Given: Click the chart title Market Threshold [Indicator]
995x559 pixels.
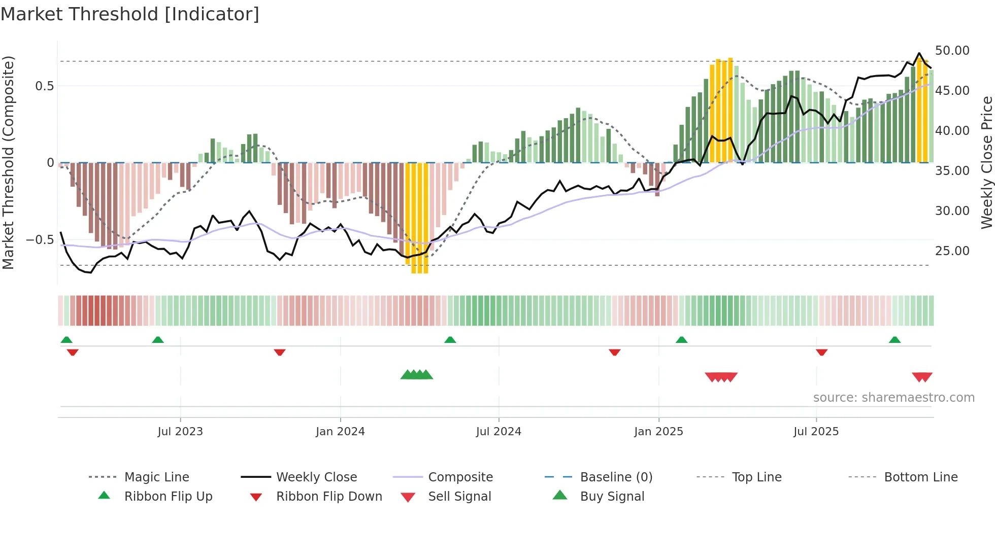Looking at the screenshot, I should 130,14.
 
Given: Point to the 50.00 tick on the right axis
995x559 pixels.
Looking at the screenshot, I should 952,51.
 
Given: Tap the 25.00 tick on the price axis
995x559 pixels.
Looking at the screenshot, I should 952,251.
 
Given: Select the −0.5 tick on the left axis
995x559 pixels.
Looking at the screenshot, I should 40,239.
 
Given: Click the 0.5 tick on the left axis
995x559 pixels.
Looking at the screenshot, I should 44,86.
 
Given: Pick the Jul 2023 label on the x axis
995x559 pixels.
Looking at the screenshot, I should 180,432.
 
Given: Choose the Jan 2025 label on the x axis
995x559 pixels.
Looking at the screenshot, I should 658,432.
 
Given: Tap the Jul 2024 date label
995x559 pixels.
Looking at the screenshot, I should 499,432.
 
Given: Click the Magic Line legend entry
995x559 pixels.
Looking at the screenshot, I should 156,477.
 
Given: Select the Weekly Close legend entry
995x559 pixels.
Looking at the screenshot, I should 316,477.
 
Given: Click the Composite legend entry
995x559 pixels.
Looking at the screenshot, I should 460,477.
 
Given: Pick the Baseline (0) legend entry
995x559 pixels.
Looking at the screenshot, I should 616,477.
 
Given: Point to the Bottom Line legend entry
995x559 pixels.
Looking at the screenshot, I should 920,477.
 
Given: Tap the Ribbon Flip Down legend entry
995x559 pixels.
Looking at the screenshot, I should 329,497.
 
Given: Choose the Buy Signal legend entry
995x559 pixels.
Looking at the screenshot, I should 612,497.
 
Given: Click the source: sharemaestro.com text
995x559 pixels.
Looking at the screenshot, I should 893,398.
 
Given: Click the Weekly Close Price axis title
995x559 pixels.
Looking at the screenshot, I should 986,162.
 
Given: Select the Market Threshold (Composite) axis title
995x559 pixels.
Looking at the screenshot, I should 8,162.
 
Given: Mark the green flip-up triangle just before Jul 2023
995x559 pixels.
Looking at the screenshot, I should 158,340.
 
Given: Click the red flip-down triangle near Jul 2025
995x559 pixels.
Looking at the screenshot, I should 822,352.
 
